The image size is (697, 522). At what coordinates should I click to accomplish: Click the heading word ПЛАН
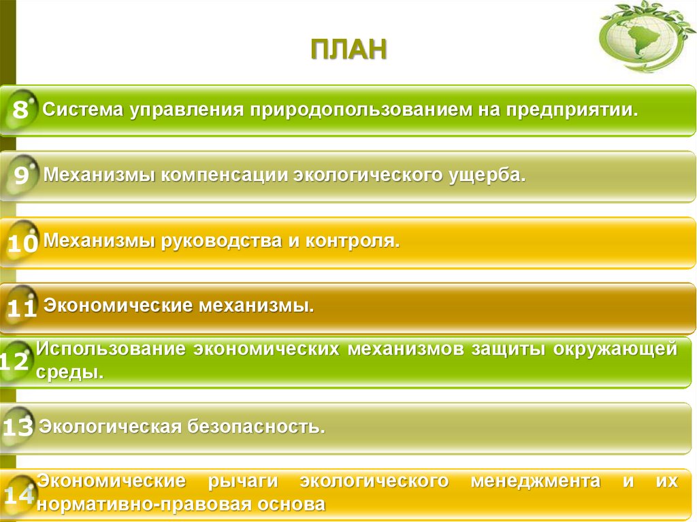tap(348, 52)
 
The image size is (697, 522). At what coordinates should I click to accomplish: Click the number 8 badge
tap(20, 109)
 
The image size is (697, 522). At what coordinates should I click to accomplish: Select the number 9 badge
tap(21, 176)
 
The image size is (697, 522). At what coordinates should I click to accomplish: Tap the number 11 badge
tap(22, 309)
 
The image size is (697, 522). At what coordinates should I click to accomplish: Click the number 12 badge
tap(15, 361)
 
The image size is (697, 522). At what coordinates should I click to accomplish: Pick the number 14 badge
tap(18, 495)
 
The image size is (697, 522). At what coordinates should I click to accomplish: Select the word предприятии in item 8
tap(571, 109)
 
